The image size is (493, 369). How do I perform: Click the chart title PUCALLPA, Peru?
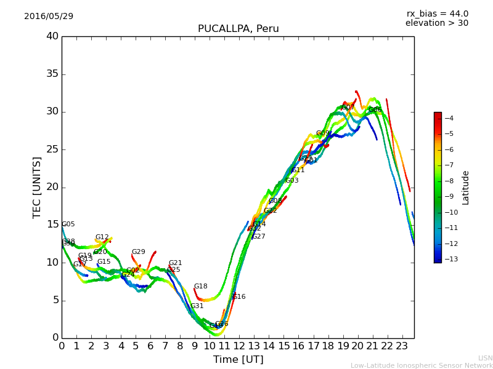pos(238,29)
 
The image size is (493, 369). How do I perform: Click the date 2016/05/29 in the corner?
pos(49,16)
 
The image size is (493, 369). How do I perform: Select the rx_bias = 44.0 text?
pos(437,14)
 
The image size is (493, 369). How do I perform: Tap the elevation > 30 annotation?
pos(436,23)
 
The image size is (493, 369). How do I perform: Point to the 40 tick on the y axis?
pos(52,36)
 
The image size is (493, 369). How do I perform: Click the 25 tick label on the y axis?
pos(52,149)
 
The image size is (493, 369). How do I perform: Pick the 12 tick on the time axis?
pos(239,346)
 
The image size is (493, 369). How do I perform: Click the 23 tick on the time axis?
pos(402,346)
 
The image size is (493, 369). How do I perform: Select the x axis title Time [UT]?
pos(238,360)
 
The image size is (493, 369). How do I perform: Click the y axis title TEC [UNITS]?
pos(38,187)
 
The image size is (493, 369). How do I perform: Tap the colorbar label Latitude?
pos(466,188)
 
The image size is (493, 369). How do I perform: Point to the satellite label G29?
pos(138,252)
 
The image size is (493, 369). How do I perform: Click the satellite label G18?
pos(200,287)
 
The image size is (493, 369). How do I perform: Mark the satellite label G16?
pos(238,297)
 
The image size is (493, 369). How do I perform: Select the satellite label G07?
pos(348,108)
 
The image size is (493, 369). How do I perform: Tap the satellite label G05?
pos(68,224)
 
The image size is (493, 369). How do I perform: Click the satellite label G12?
pos(102,237)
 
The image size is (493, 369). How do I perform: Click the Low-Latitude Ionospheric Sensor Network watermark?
pos(422,365)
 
